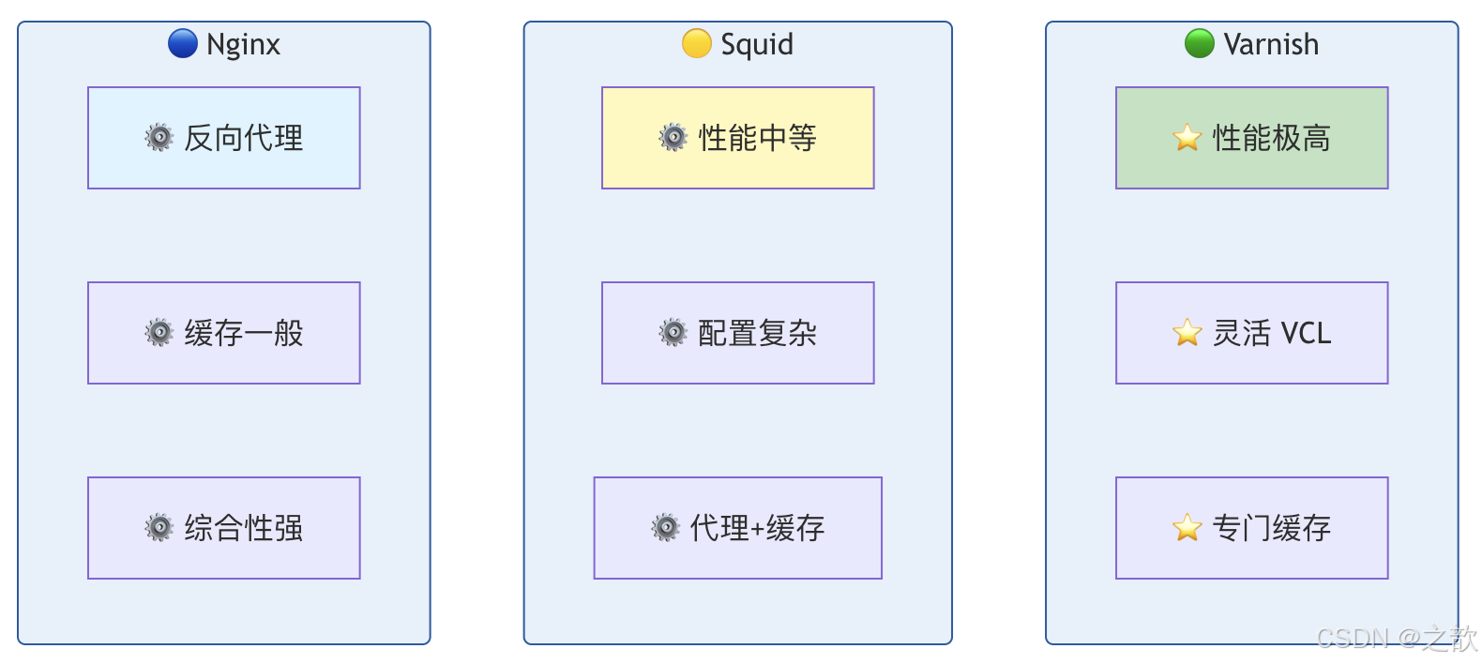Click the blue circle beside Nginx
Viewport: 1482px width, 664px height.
(183, 43)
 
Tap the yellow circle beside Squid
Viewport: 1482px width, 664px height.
(697, 43)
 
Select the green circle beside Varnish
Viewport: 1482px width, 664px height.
(1200, 43)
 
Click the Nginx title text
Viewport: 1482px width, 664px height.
(243, 44)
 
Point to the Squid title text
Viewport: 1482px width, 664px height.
(757, 44)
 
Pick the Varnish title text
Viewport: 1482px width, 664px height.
(1271, 44)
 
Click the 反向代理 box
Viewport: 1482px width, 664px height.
(224, 138)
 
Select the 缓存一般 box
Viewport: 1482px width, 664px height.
(224, 333)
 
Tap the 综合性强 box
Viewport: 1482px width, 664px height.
(224, 528)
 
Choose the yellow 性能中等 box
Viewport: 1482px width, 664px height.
(738, 138)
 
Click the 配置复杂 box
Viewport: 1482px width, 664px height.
(738, 333)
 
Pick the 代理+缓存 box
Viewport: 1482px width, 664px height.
(738, 528)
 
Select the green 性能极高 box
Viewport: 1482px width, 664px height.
(1252, 138)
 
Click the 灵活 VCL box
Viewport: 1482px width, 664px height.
(1252, 333)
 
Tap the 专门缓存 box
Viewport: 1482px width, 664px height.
(1252, 528)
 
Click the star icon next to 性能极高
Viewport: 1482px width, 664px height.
(1187, 138)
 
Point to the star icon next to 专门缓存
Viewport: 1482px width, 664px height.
(1187, 528)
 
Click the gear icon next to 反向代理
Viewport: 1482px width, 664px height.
(159, 138)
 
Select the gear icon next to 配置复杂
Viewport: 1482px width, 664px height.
(673, 333)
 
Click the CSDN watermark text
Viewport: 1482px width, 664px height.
(1396, 639)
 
